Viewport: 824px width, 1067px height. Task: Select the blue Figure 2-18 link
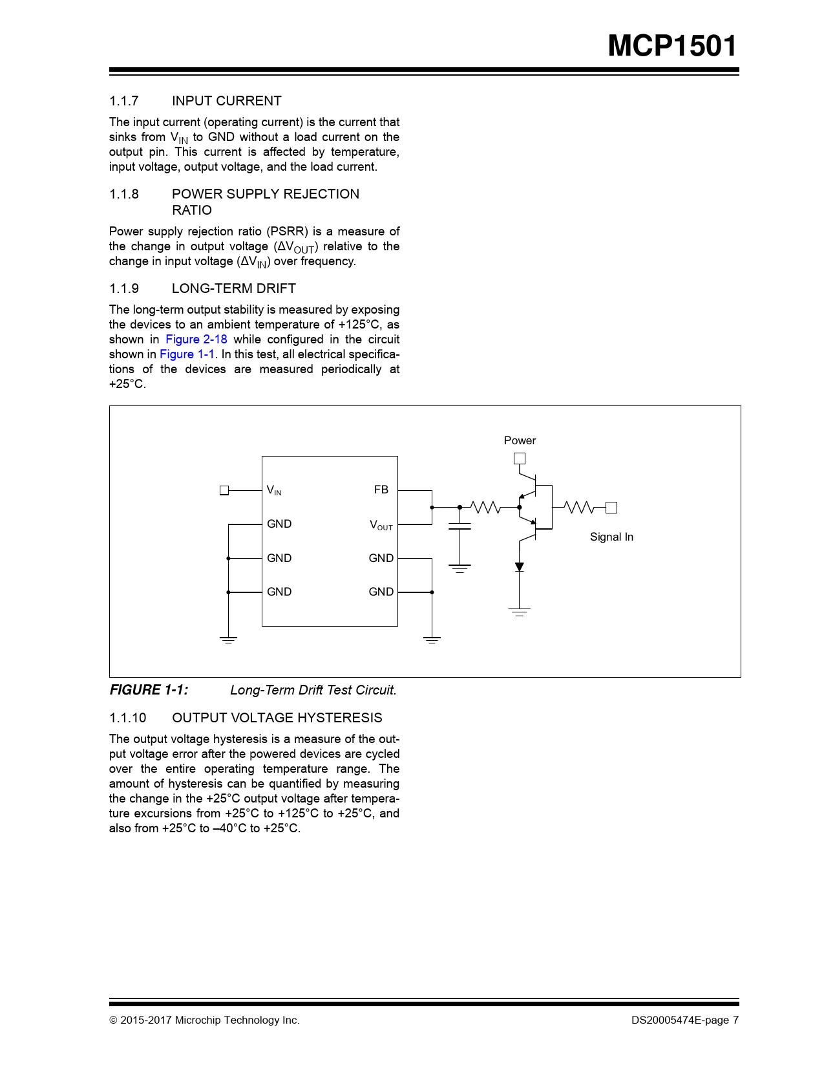196,339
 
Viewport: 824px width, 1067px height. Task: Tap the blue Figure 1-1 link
187,354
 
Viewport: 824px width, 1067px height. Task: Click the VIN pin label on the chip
274,490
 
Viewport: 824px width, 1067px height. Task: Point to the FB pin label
381,490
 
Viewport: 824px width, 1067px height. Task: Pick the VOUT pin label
381,524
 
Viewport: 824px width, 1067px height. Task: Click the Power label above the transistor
520,440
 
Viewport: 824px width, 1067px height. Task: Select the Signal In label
611,537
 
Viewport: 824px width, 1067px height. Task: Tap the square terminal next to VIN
224,491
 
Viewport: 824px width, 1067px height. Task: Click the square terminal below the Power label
519,458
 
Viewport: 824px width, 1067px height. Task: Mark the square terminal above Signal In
611,508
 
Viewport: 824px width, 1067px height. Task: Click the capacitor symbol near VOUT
460,526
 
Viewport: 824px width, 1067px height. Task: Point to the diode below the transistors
519,566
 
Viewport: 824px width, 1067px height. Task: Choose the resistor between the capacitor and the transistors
485,508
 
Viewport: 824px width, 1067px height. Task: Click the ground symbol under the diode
519,612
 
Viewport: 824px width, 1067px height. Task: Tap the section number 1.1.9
124,288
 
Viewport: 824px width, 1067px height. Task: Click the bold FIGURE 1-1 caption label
149,690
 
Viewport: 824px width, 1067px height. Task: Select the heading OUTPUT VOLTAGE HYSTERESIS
277,718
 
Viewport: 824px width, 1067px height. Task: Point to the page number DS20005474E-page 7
685,1020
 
